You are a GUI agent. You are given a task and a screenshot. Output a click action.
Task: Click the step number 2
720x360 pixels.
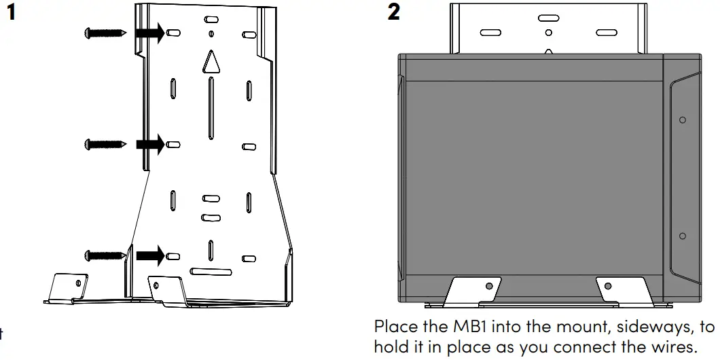394,12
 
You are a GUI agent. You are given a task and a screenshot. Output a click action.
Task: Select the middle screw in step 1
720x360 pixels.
104,144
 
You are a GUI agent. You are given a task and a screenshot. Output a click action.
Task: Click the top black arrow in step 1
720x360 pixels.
150,32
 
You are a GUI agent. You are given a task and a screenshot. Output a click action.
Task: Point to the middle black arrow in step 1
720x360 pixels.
150,144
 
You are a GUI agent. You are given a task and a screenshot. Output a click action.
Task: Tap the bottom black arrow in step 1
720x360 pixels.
150,255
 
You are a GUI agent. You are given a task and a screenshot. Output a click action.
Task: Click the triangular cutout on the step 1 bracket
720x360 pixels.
211,62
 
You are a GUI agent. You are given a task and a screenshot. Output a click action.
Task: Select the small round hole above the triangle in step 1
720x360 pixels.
211,33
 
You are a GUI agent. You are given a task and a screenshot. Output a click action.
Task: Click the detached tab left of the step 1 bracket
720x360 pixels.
68,285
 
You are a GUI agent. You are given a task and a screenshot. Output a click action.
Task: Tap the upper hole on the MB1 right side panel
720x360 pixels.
683,120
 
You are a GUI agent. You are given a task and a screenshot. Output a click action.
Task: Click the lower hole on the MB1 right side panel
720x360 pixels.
683,236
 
